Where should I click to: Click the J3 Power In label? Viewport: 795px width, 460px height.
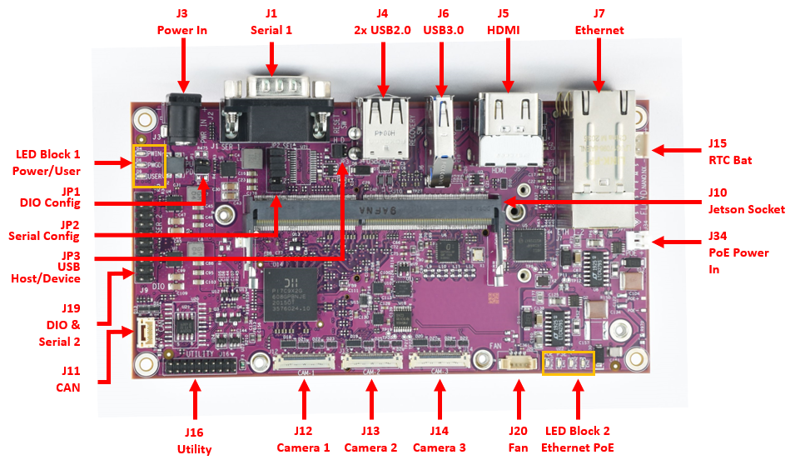181,22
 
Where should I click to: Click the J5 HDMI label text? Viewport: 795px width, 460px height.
503,22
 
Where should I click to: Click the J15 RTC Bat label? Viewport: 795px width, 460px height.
730,151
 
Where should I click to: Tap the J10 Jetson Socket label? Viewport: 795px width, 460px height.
746,201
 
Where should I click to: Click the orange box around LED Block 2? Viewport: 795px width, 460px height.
568,363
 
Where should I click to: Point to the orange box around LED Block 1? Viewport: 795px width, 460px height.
150,166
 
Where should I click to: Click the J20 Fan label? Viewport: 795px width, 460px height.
518,438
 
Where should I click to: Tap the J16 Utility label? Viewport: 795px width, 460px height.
194,441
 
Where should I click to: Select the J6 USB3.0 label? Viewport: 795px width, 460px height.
442,22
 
